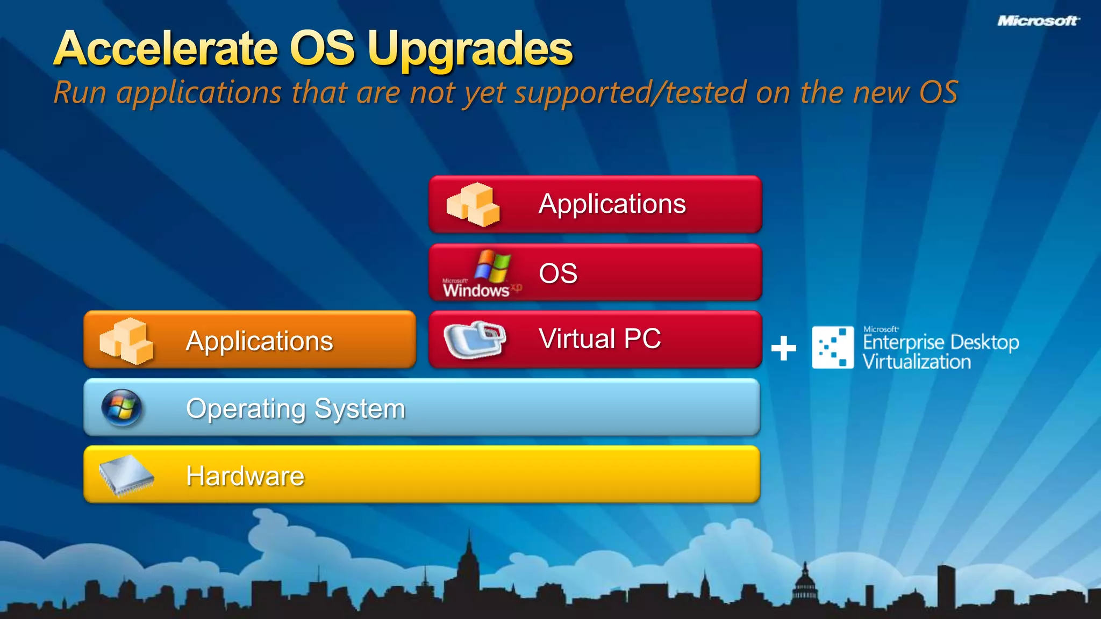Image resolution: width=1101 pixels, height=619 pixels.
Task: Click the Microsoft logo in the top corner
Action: pyautogui.click(x=1038, y=21)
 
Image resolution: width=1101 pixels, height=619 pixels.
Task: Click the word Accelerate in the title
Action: pyautogui.click(x=166, y=49)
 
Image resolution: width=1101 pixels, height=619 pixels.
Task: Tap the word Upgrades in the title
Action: pyautogui.click(x=470, y=50)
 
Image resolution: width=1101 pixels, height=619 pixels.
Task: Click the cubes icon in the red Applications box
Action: pyautogui.click(x=473, y=205)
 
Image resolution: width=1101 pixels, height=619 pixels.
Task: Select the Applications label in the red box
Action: pyautogui.click(x=612, y=204)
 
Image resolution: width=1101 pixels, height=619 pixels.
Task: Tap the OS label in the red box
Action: pyautogui.click(x=558, y=273)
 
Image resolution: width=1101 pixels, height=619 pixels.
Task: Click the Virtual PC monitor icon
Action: pyautogui.click(x=475, y=340)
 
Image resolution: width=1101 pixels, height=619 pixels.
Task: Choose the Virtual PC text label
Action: pyautogui.click(x=599, y=339)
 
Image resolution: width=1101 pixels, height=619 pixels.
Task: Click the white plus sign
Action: pyautogui.click(x=783, y=348)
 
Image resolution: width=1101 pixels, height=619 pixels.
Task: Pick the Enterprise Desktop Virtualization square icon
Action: pyautogui.click(x=832, y=347)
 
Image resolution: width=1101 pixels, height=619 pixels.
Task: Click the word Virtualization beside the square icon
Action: pyautogui.click(x=917, y=362)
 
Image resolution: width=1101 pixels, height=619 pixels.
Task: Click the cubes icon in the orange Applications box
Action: pyautogui.click(x=126, y=341)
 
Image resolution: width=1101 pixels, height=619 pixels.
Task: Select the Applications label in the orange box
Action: pyautogui.click(x=259, y=341)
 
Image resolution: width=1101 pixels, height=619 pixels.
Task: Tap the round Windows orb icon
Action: pyautogui.click(x=122, y=408)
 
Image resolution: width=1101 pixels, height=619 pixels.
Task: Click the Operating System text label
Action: pyautogui.click(x=295, y=409)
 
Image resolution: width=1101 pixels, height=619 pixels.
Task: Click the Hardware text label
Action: pyautogui.click(x=245, y=476)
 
